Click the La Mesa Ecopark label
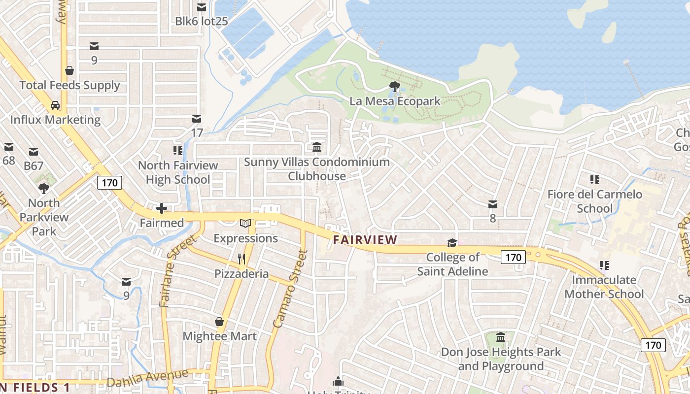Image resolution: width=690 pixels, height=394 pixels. [x=395, y=101]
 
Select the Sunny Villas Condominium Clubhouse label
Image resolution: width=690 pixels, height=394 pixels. [x=316, y=169]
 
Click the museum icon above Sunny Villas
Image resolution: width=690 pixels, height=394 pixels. [x=316, y=147]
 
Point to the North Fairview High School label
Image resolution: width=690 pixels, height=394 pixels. [x=178, y=172]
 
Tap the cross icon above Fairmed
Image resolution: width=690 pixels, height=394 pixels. [x=162, y=208]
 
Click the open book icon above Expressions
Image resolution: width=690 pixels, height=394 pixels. [x=245, y=224]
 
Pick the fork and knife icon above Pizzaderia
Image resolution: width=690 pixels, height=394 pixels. [x=241, y=259]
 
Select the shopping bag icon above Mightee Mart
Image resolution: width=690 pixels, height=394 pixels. [x=219, y=322]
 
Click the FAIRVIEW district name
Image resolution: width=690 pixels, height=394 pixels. [x=365, y=240]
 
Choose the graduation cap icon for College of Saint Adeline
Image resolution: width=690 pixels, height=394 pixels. [x=452, y=243]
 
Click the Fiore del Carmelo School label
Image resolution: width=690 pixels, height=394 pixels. [x=595, y=201]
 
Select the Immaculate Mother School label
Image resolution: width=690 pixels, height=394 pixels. [x=604, y=287]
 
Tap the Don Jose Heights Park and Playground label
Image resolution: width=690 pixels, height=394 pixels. [x=501, y=359]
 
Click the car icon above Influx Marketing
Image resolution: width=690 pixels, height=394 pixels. [x=55, y=105]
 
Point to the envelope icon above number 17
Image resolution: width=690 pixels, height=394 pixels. [x=197, y=119]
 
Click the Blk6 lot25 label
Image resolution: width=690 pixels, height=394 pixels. [x=202, y=21]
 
